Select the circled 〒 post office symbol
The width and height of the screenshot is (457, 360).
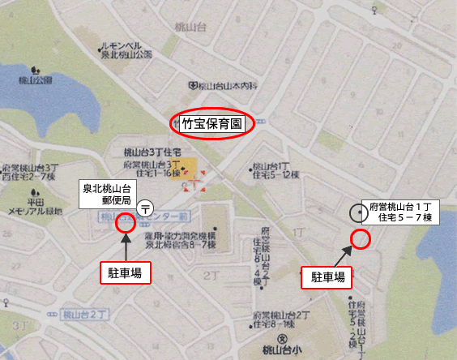click(x=145, y=208)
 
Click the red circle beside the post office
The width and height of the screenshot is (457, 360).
click(x=126, y=223)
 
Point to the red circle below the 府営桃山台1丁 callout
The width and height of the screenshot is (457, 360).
click(x=361, y=238)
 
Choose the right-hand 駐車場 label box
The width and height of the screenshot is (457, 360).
click(x=328, y=276)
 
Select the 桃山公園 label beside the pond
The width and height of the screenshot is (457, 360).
click(x=33, y=79)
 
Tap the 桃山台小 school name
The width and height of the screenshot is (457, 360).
click(x=281, y=353)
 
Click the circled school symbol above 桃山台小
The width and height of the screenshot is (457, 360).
click(x=281, y=339)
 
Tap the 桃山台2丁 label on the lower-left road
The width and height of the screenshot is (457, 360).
click(x=90, y=313)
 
